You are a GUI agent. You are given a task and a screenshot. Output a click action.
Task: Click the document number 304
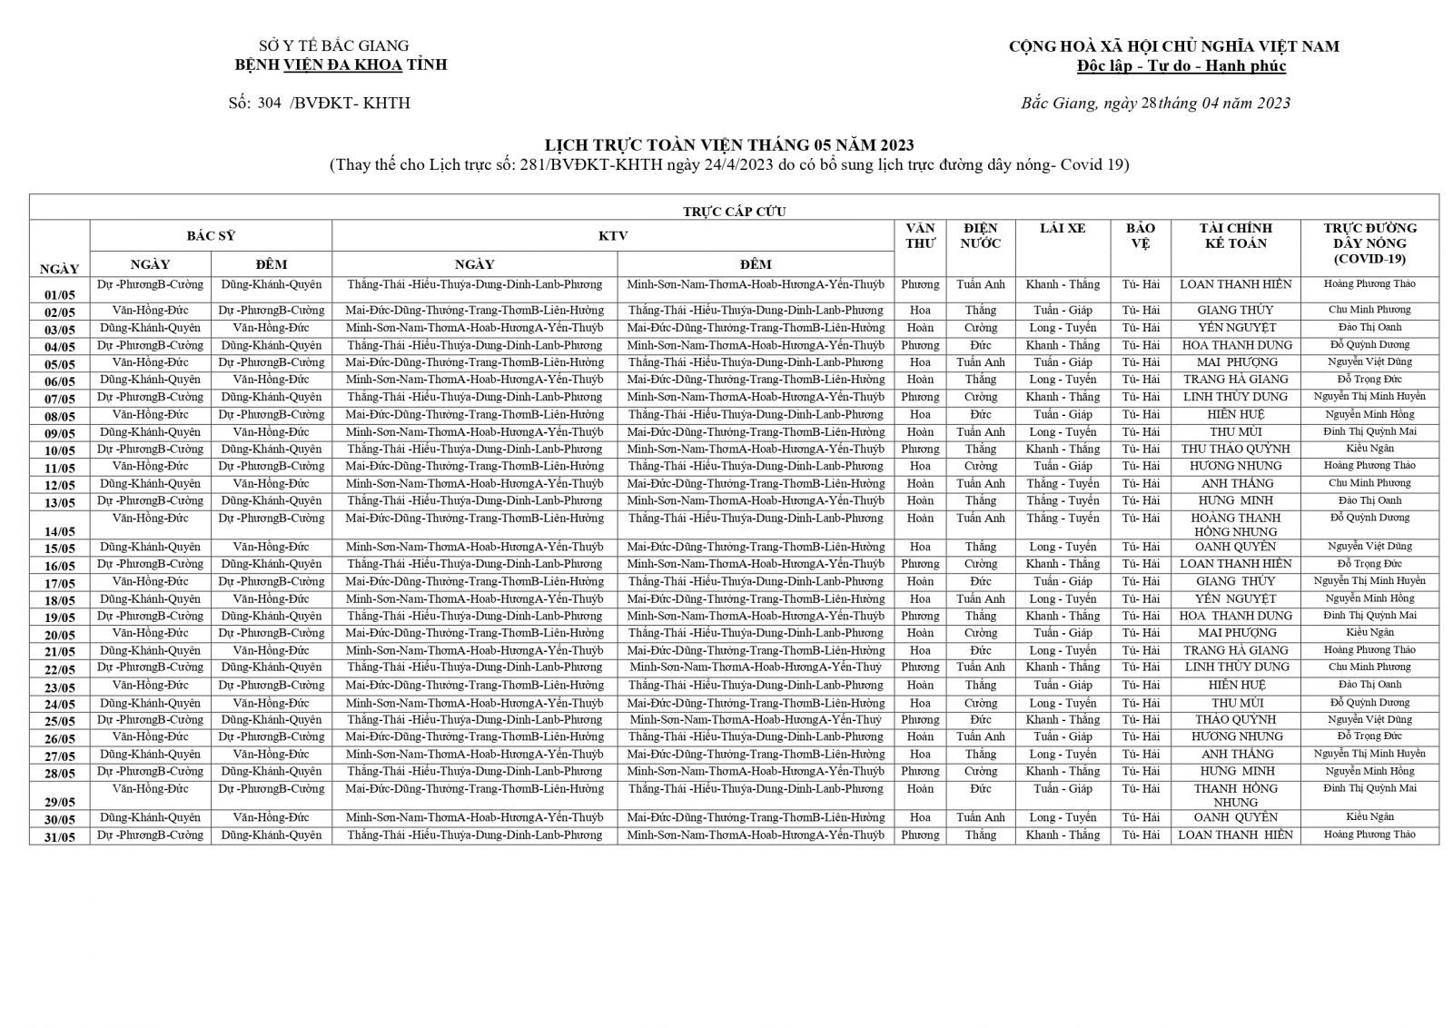pyautogui.click(x=269, y=104)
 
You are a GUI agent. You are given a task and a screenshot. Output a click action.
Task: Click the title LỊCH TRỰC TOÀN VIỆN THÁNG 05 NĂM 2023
pyautogui.click(x=728, y=145)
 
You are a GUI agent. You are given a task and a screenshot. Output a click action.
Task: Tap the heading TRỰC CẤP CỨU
pyautogui.click(x=734, y=212)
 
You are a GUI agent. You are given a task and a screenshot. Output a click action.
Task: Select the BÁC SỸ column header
pyautogui.click(x=211, y=236)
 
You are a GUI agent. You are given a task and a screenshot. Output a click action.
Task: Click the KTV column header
pyautogui.click(x=613, y=236)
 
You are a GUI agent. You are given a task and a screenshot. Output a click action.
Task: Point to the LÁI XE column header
pyautogui.click(x=1063, y=229)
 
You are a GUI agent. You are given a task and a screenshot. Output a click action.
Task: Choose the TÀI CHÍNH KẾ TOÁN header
pyautogui.click(x=1235, y=236)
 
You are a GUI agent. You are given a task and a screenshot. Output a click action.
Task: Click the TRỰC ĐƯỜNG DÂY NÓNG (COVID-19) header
pyautogui.click(x=1369, y=243)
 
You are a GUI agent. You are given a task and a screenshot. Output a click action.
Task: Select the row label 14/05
pyautogui.click(x=60, y=531)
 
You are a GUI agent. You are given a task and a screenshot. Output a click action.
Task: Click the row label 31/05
pyautogui.click(x=60, y=837)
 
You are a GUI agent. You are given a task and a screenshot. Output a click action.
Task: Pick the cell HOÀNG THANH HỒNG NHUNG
pyautogui.click(x=1235, y=525)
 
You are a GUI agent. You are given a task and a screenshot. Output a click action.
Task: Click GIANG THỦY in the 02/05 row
pyautogui.click(x=1235, y=311)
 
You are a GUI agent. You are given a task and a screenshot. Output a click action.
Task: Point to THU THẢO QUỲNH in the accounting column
pyautogui.click(x=1235, y=450)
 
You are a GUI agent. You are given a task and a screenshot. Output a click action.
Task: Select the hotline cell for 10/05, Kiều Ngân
pyautogui.click(x=1369, y=449)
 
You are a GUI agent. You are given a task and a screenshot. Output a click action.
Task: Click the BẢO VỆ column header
pyautogui.click(x=1140, y=236)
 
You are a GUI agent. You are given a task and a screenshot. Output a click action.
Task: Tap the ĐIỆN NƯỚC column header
pyautogui.click(x=981, y=236)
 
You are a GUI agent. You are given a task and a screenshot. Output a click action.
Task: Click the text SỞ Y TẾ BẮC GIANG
pyautogui.click(x=333, y=46)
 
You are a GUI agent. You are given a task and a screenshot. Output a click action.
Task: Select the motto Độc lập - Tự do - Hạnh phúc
pyautogui.click(x=1181, y=66)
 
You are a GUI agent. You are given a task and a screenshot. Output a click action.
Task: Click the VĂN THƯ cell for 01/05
pyautogui.click(x=920, y=285)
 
